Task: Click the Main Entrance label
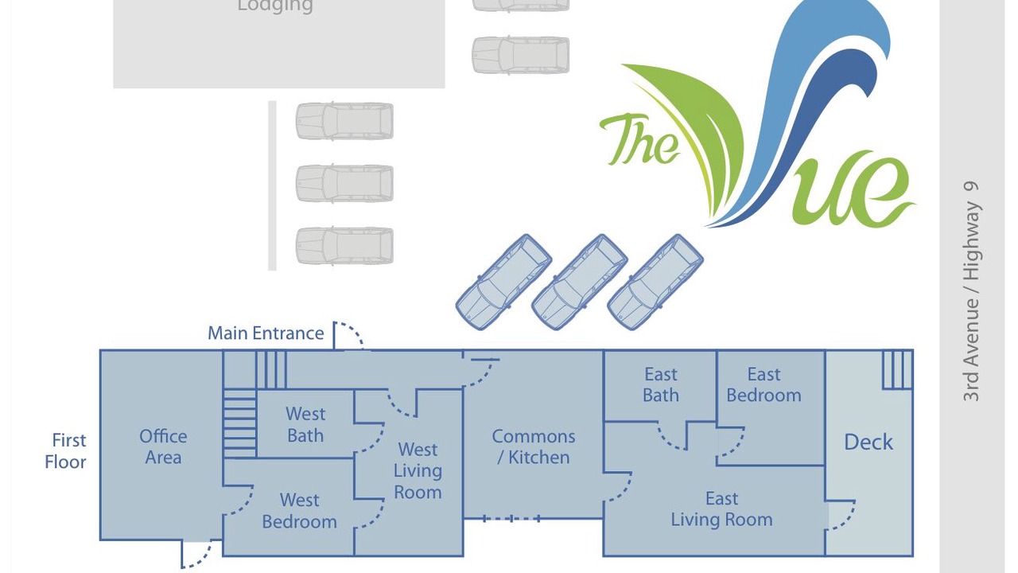(266, 333)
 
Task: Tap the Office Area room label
(163, 446)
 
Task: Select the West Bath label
(305, 425)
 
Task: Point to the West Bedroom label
(300, 511)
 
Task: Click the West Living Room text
(418, 470)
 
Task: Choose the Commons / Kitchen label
(534, 446)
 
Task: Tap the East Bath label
(661, 384)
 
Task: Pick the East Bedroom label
(764, 384)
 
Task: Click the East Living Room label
(721, 509)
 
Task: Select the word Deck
(868, 442)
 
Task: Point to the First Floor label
(66, 451)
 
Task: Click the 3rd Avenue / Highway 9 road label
(971, 291)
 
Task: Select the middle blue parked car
(580, 282)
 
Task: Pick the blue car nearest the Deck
(655, 282)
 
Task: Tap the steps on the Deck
(898, 370)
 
